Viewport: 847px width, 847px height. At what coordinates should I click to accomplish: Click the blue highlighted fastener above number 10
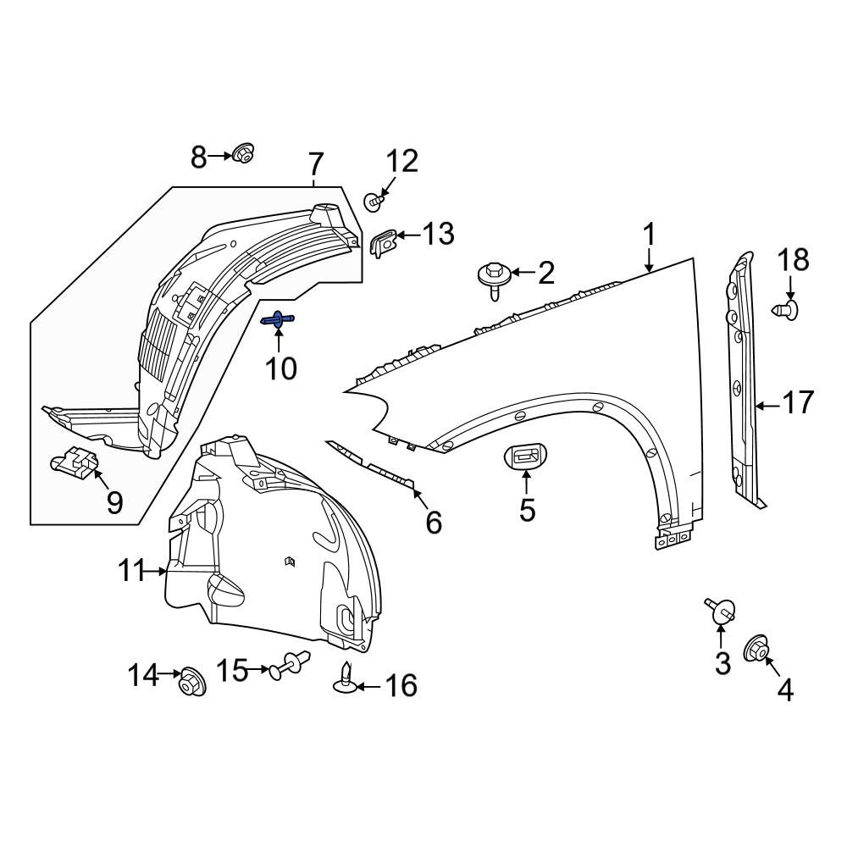pyautogui.click(x=278, y=319)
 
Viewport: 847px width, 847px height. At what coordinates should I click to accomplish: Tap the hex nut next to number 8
pyautogui.click(x=244, y=153)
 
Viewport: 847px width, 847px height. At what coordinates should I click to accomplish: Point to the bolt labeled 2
pyautogui.click(x=493, y=277)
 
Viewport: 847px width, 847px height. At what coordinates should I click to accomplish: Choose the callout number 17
pyautogui.click(x=797, y=402)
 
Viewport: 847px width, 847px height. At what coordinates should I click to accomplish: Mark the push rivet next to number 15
pyautogui.click(x=289, y=664)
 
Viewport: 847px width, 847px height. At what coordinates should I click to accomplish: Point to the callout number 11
pyautogui.click(x=132, y=570)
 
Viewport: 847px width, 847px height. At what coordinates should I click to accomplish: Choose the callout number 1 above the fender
pyautogui.click(x=650, y=235)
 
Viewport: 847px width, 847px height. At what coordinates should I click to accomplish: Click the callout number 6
pyautogui.click(x=434, y=523)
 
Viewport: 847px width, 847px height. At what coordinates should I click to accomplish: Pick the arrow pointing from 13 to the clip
pyautogui.click(x=410, y=235)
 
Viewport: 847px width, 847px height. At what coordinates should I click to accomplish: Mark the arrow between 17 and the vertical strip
pyautogui.click(x=767, y=405)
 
